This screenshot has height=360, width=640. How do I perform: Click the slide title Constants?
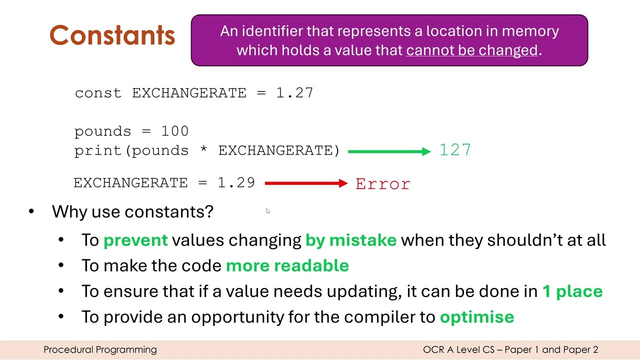click(x=112, y=35)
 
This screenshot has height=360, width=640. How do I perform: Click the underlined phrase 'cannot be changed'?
click(x=471, y=50)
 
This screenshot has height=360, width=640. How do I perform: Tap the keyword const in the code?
click(x=98, y=93)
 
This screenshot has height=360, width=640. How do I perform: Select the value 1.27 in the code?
click(x=295, y=93)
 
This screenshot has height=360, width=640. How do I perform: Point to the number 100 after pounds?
click(x=175, y=131)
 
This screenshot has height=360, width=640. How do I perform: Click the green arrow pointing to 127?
click(x=389, y=151)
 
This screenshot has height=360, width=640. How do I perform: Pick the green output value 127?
click(x=455, y=150)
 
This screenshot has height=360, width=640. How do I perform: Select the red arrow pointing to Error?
click(x=306, y=183)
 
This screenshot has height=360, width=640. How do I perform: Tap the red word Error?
click(x=383, y=184)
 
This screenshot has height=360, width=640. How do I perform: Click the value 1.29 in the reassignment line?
click(x=236, y=182)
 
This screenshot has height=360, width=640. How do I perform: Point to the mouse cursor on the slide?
click(x=267, y=211)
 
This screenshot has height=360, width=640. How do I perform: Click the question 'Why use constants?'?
click(x=132, y=211)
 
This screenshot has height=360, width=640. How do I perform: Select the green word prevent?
click(x=135, y=240)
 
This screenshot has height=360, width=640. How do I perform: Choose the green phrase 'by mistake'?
click(x=351, y=240)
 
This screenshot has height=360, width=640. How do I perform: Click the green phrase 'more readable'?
click(x=287, y=265)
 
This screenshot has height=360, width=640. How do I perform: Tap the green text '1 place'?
click(x=572, y=291)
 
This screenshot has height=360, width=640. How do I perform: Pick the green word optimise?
click(x=477, y=316)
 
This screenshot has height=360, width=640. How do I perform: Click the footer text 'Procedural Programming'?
click(x=100, y=349)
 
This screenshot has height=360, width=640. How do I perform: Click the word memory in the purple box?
click(x=530, y=31)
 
